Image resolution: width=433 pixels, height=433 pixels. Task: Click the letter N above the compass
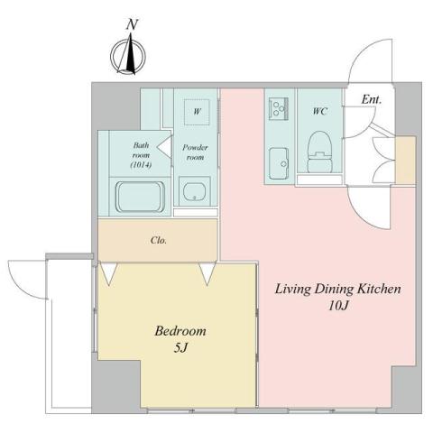[x=132, y=24]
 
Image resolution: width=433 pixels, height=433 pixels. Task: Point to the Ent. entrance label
[x=371, y=99]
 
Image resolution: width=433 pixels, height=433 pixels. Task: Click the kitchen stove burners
[x=276, y=108]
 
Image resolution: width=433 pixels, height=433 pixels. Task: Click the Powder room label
[x=194, y=151]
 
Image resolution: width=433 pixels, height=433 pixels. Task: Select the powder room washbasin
[x=194, y=190]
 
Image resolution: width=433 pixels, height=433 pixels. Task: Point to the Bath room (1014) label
[x=141, y=154]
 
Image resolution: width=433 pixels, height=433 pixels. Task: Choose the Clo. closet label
[x=159, y=241]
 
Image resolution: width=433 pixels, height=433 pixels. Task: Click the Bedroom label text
[x=180, y=330]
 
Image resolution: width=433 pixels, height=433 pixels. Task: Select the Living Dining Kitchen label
[x=336, y=290]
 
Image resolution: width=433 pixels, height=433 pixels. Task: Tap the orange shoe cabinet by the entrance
[x=405, y=158]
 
